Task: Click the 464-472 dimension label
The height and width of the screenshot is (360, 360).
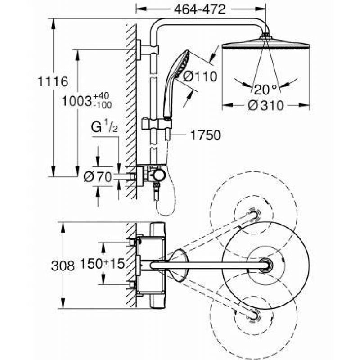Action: click(200, 9)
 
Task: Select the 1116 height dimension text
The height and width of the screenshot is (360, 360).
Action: click(53, 82)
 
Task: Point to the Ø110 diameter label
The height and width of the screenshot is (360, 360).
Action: click(200, 76)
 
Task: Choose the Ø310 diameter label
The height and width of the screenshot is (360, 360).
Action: click(266, 106)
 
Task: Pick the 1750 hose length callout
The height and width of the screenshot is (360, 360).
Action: click(206, 135)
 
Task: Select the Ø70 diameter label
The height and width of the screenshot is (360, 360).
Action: click(98, 177)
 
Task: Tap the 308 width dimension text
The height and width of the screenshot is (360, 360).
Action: click(63, 266)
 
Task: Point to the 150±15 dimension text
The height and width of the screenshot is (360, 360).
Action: click(103, 264)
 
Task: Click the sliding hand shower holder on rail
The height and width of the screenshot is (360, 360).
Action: click(156, 124)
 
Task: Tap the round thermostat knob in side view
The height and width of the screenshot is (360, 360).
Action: click(159, 175)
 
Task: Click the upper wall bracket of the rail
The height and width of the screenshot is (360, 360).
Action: click(147, 50)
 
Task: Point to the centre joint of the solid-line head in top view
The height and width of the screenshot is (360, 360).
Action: click(265, 265)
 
